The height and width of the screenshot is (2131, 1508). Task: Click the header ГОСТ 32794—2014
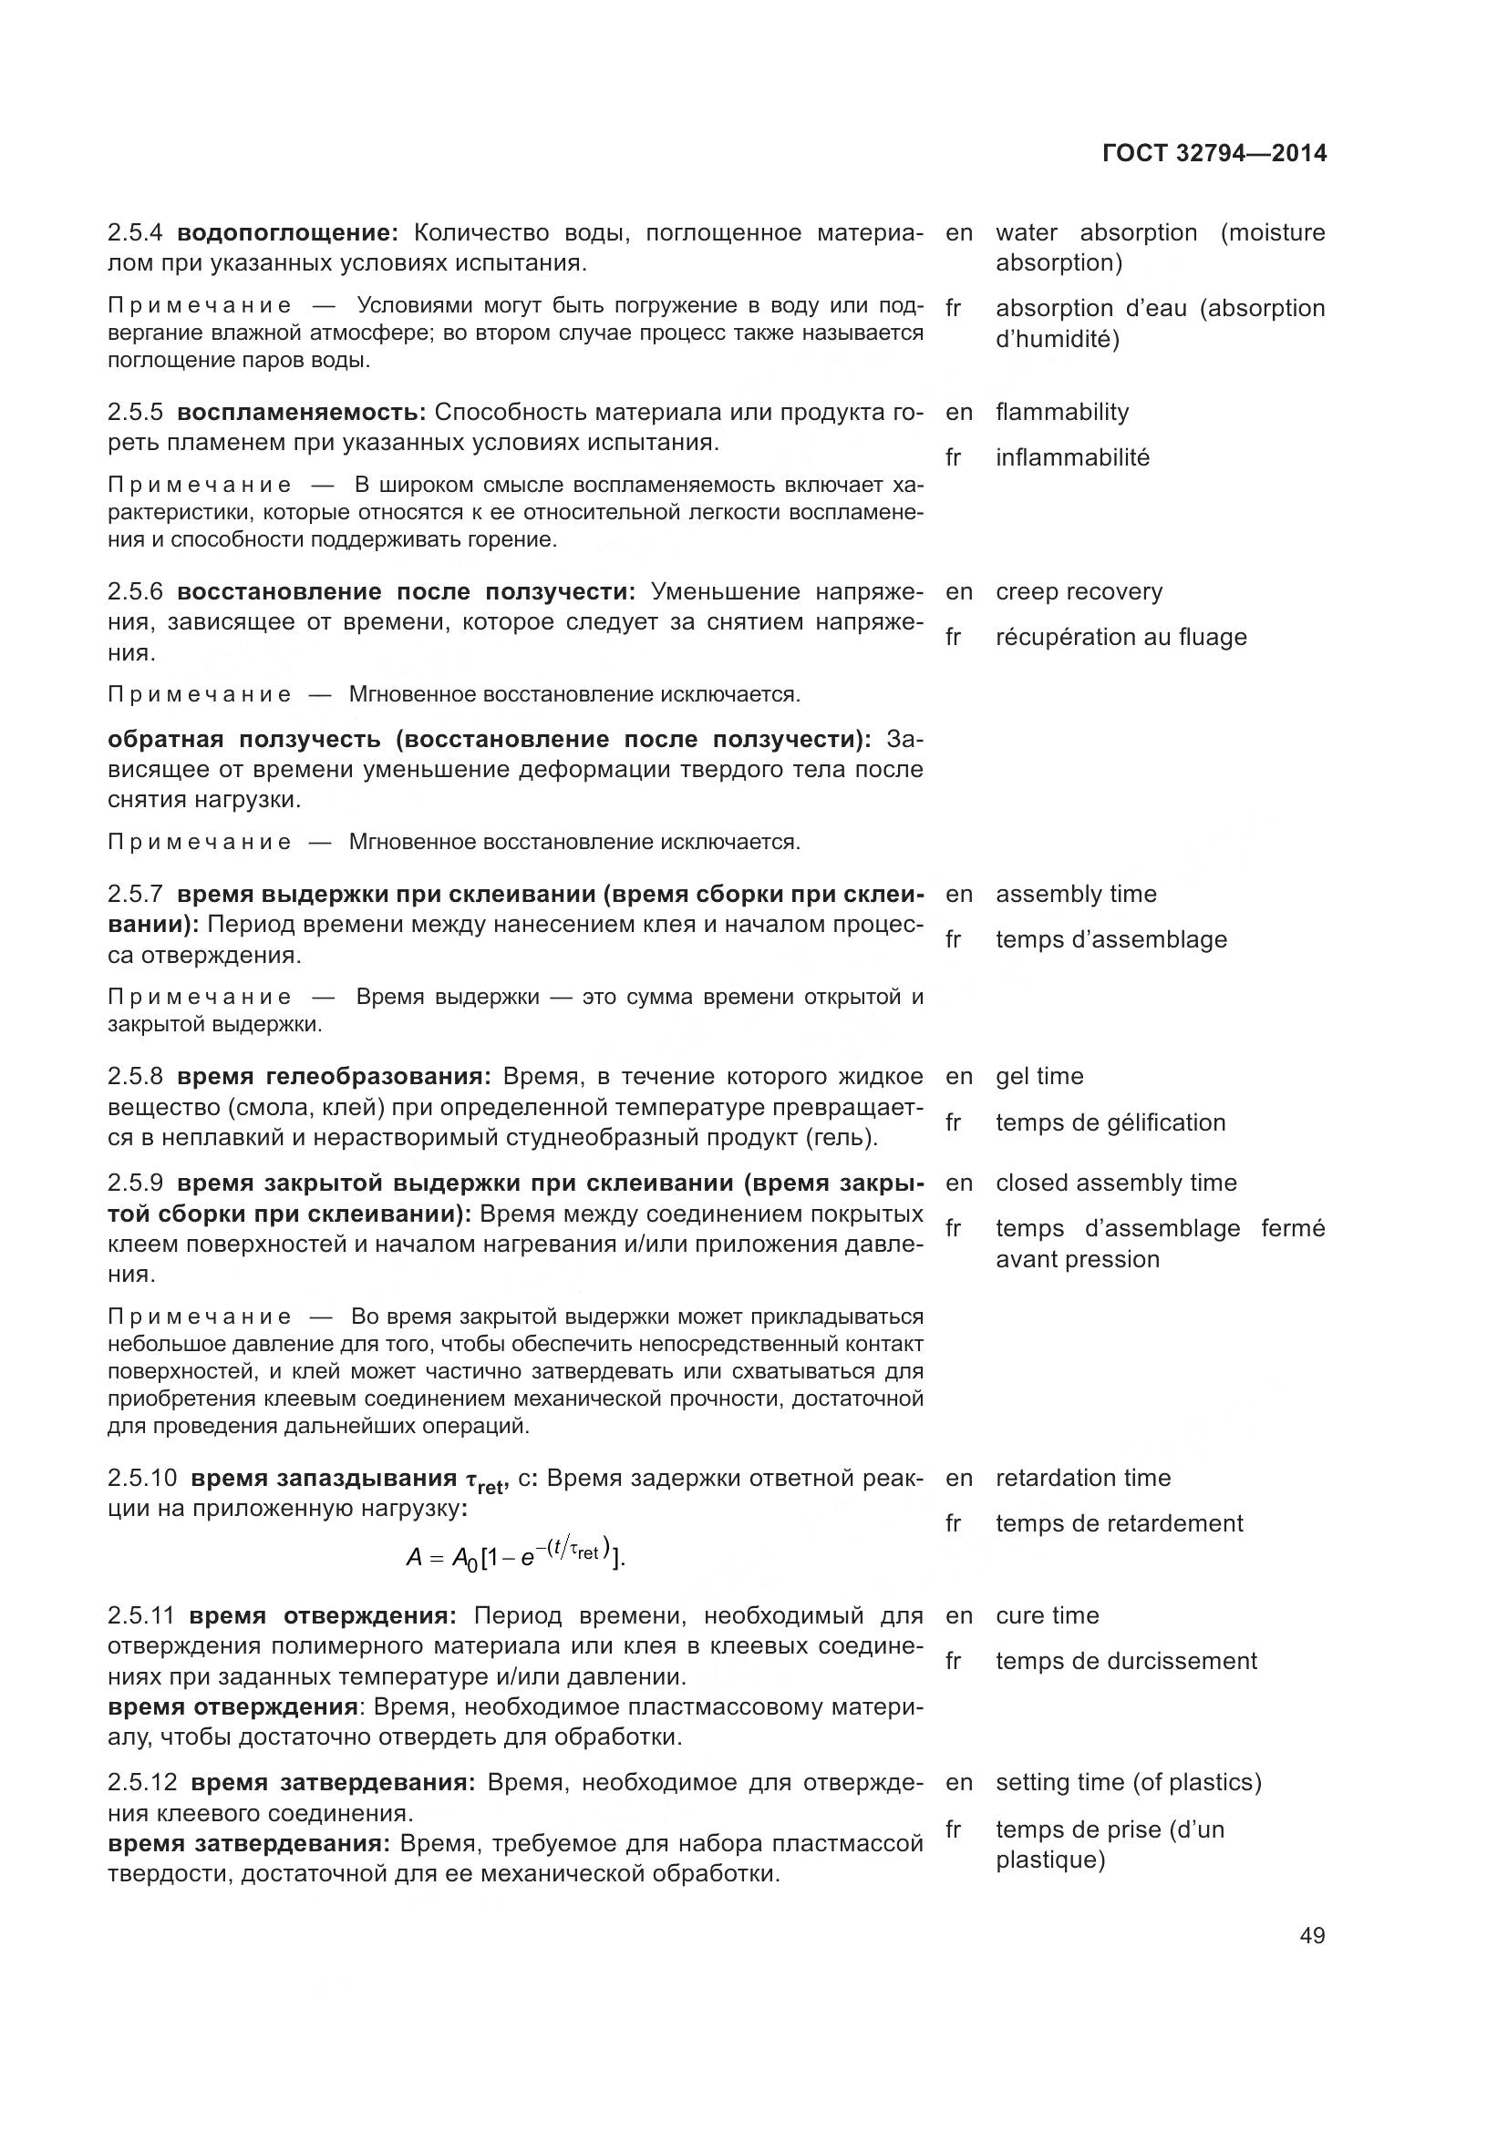tap(1214, 153)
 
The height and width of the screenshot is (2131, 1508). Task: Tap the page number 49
tap(1312, 1935)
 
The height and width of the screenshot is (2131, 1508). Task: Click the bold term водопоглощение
tap(287, 233)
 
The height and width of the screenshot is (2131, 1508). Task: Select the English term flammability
tap(1061, 412)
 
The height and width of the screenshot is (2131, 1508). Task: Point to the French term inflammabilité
tap(1071, 457)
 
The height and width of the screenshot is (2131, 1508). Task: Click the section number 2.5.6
tap(135, 592)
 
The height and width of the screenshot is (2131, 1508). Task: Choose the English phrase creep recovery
tap(1078, 592)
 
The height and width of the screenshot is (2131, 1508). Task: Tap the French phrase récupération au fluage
tap(1120, 638)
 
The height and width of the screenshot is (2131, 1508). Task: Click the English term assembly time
tap(1075, 894)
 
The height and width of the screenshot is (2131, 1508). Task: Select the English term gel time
tap(1039, 1077)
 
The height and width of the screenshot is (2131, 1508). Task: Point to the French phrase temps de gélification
tap(1110, 1123)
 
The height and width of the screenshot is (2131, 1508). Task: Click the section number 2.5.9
tap(135, 1183)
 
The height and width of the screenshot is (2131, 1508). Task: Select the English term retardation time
tap(1083, 1479)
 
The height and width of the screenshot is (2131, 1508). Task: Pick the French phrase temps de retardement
tap(1118, 1524)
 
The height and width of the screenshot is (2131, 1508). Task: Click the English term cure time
tap(1047, 1616)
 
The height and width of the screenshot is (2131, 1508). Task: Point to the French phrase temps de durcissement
tap(1125, 1662)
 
